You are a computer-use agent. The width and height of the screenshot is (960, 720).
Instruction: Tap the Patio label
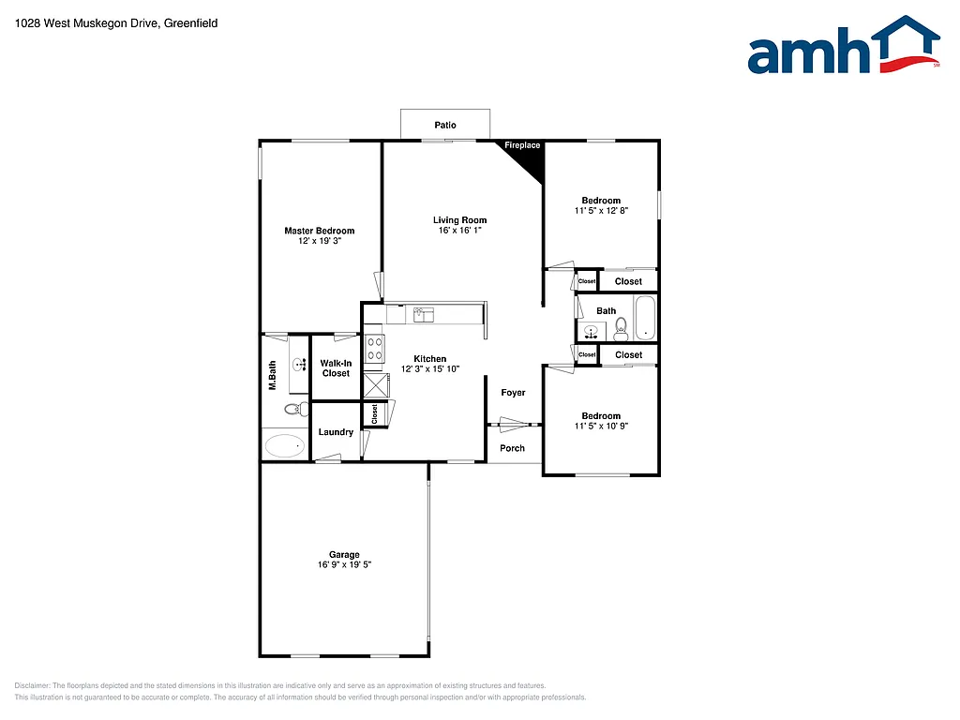click(445, 126)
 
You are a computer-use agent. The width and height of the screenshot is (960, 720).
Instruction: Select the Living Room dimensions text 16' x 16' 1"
click(459, 231)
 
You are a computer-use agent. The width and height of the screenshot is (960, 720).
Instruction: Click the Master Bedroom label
click(320, 231)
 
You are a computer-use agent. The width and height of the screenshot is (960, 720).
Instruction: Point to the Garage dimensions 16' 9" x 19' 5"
click(344, 564)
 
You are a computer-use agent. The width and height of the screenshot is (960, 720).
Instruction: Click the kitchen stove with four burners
click(374, 349)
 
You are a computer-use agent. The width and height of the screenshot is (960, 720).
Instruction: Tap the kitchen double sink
click(423, 315)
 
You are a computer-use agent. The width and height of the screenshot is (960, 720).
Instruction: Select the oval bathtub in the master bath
click(285, 444)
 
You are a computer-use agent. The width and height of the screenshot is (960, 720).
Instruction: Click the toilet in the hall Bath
click(621, 328)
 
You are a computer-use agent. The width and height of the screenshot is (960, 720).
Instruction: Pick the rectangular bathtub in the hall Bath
click(646, 319)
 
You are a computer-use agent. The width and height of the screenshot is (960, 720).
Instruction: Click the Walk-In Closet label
click(336, 368)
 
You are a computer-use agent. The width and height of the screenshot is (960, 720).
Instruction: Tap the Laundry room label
click(336, 432)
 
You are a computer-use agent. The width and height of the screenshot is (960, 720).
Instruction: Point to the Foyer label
click(513, 393)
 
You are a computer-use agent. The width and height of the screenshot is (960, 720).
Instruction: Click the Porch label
click(512, 448)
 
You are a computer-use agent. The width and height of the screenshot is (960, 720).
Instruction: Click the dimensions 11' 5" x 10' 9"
click(601, 427)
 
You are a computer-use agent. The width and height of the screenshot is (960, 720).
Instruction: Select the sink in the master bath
click(299, 366)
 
